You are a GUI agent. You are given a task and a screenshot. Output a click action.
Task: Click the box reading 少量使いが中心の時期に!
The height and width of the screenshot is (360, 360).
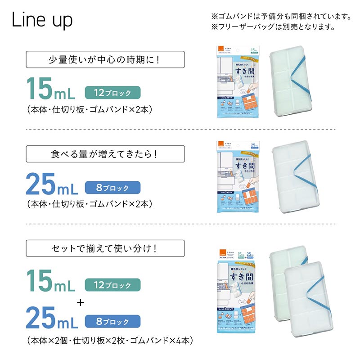coord(105,59)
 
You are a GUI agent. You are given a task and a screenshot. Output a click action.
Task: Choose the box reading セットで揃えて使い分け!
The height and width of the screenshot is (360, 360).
coord(105,248)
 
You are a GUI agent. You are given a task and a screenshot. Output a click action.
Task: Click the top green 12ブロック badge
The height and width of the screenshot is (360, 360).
coord(113,93)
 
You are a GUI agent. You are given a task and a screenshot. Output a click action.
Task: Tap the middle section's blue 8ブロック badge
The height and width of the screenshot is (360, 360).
coord(113,188)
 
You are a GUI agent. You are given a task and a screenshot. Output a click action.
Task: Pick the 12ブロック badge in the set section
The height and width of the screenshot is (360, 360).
coord(113,285)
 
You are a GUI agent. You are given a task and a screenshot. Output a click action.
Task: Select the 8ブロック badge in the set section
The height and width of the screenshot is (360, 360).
coord(113,322)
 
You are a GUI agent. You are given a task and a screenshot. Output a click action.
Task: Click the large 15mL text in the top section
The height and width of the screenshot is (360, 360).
coord(52,90)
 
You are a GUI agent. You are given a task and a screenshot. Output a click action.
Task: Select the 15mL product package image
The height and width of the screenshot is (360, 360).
coord(237,81)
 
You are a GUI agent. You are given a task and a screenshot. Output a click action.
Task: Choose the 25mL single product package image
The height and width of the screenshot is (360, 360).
coord(237,177)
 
